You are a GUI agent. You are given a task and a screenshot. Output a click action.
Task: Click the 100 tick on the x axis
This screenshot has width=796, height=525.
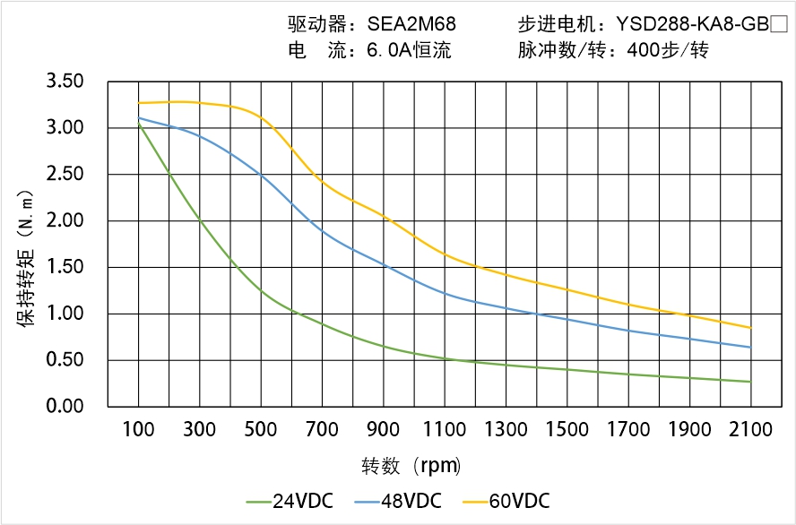tap(138, 430)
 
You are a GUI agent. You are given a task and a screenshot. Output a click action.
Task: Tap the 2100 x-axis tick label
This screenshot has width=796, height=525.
tap(750, 430)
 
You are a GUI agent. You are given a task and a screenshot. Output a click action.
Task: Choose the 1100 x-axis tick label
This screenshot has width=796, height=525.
tap(445, 430)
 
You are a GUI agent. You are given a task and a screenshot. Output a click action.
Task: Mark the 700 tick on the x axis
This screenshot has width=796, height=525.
tap(322, 430)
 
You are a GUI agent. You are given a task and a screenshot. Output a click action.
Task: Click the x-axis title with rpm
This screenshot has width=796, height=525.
tap(411, 466)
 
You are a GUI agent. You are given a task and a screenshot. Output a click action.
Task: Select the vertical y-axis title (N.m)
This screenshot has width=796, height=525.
tap(27, 258)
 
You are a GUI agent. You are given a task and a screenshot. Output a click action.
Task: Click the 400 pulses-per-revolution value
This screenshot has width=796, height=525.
tap(642, 51)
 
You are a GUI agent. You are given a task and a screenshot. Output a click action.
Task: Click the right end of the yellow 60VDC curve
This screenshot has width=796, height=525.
tap(750, 328)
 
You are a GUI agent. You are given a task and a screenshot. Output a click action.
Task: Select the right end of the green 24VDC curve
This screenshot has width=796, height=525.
tap(750, 382)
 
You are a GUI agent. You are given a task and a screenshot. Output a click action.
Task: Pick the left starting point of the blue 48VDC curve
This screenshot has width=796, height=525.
tap(139, 118)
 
